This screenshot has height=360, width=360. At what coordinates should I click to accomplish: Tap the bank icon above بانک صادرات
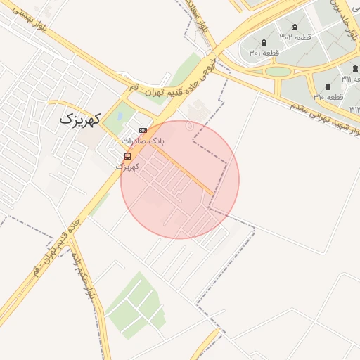pos(143,130)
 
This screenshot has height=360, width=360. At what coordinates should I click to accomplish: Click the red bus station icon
pos(127,156)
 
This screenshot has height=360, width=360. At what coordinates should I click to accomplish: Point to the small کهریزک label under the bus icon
pos(127,167)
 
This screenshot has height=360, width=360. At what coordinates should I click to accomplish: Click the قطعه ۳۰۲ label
pos(295,37)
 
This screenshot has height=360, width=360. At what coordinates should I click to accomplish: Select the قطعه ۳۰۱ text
pos(264,53)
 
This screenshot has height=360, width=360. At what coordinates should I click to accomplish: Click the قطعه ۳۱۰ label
pos(328,97)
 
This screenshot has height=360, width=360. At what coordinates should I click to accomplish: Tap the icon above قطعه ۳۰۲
pos(295,26)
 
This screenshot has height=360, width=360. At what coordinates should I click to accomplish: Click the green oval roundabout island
pos(279,72)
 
